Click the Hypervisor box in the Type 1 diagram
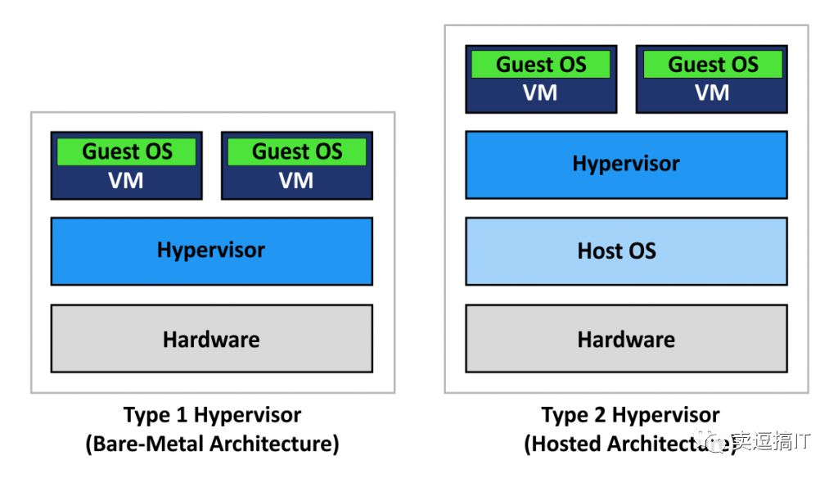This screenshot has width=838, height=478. coord(211,250)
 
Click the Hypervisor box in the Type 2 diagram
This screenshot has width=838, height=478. coord(626,164)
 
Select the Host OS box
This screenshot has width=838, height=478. coord(626,250)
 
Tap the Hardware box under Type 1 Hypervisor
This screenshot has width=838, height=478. coord(211,339)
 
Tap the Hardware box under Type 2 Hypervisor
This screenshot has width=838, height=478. coord(626,339)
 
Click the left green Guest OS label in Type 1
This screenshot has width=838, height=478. coord(127,151)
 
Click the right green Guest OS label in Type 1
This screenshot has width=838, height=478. coord(296,151)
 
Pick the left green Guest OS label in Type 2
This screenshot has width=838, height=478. coord(541,65)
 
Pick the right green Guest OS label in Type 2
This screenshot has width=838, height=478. coord(712,65)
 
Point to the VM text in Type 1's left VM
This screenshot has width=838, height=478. coord(126,180)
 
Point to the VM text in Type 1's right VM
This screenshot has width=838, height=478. coord(296,180)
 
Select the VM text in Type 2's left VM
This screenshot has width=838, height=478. coord(540,93)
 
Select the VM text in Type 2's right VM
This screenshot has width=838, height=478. coord(712,93)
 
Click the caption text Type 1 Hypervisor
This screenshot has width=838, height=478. coord(212,415)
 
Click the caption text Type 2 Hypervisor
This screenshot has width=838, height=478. coord(630,415)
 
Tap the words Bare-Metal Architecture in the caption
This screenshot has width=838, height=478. coord(212,444)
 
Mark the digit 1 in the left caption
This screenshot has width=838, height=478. coord(182,415)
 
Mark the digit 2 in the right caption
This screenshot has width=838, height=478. coord(601,415)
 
